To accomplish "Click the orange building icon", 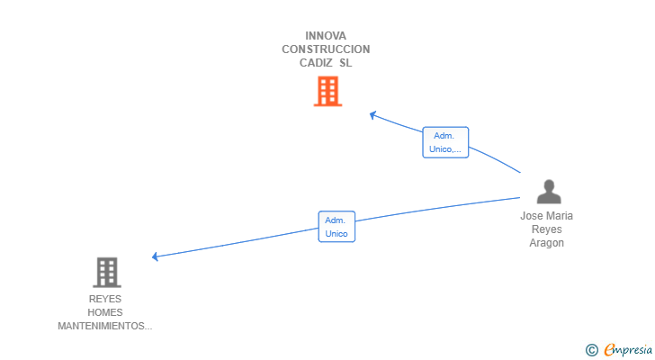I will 327,91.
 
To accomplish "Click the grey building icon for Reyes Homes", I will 106,272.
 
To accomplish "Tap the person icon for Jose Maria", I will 548,192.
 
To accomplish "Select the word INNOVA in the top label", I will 326,36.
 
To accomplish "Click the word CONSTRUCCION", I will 326,49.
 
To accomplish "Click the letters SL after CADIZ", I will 346,63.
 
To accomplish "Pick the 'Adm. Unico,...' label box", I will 445,142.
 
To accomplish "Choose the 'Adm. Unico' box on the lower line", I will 336,227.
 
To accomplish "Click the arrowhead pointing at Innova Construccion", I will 373,114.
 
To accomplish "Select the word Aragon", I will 547,243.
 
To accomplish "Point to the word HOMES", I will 105,312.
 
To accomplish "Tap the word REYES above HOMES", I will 105,299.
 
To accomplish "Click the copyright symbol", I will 591,350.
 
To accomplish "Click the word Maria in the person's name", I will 560,216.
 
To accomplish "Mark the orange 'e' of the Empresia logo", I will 609,350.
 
